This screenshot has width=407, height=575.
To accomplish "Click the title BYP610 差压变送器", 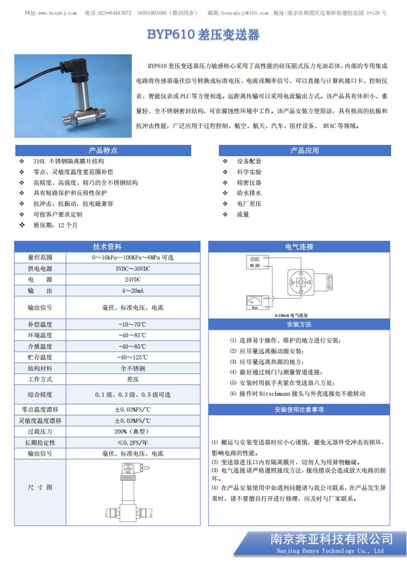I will click(203, 35).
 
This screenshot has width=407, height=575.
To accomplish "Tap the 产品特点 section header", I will click(103, 151).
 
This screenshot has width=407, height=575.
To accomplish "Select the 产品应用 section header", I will click(304, 151).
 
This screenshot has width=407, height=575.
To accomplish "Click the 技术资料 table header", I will click(107, 247).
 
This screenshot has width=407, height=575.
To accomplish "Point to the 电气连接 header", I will click(299, 247).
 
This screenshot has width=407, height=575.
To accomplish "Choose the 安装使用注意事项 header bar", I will click(299, 410).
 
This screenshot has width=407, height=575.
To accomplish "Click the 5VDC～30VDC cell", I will click(133, 269).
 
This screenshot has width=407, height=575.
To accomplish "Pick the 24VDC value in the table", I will click(133, 280).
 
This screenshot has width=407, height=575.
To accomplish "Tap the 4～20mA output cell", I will click(133, 291).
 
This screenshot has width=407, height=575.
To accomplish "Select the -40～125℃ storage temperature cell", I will click(133, 357).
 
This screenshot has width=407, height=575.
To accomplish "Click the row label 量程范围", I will click(40, 258).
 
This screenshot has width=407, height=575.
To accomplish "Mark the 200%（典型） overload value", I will click(133, 432).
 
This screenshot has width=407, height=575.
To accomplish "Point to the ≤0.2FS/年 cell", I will click(133, 443).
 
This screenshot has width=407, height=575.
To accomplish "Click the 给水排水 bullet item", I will click(249, 193).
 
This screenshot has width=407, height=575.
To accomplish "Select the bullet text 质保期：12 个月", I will click(55, 225).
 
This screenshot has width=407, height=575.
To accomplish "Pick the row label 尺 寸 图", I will click(40, 487).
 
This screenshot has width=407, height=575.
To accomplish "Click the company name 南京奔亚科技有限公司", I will click(331, 539).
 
